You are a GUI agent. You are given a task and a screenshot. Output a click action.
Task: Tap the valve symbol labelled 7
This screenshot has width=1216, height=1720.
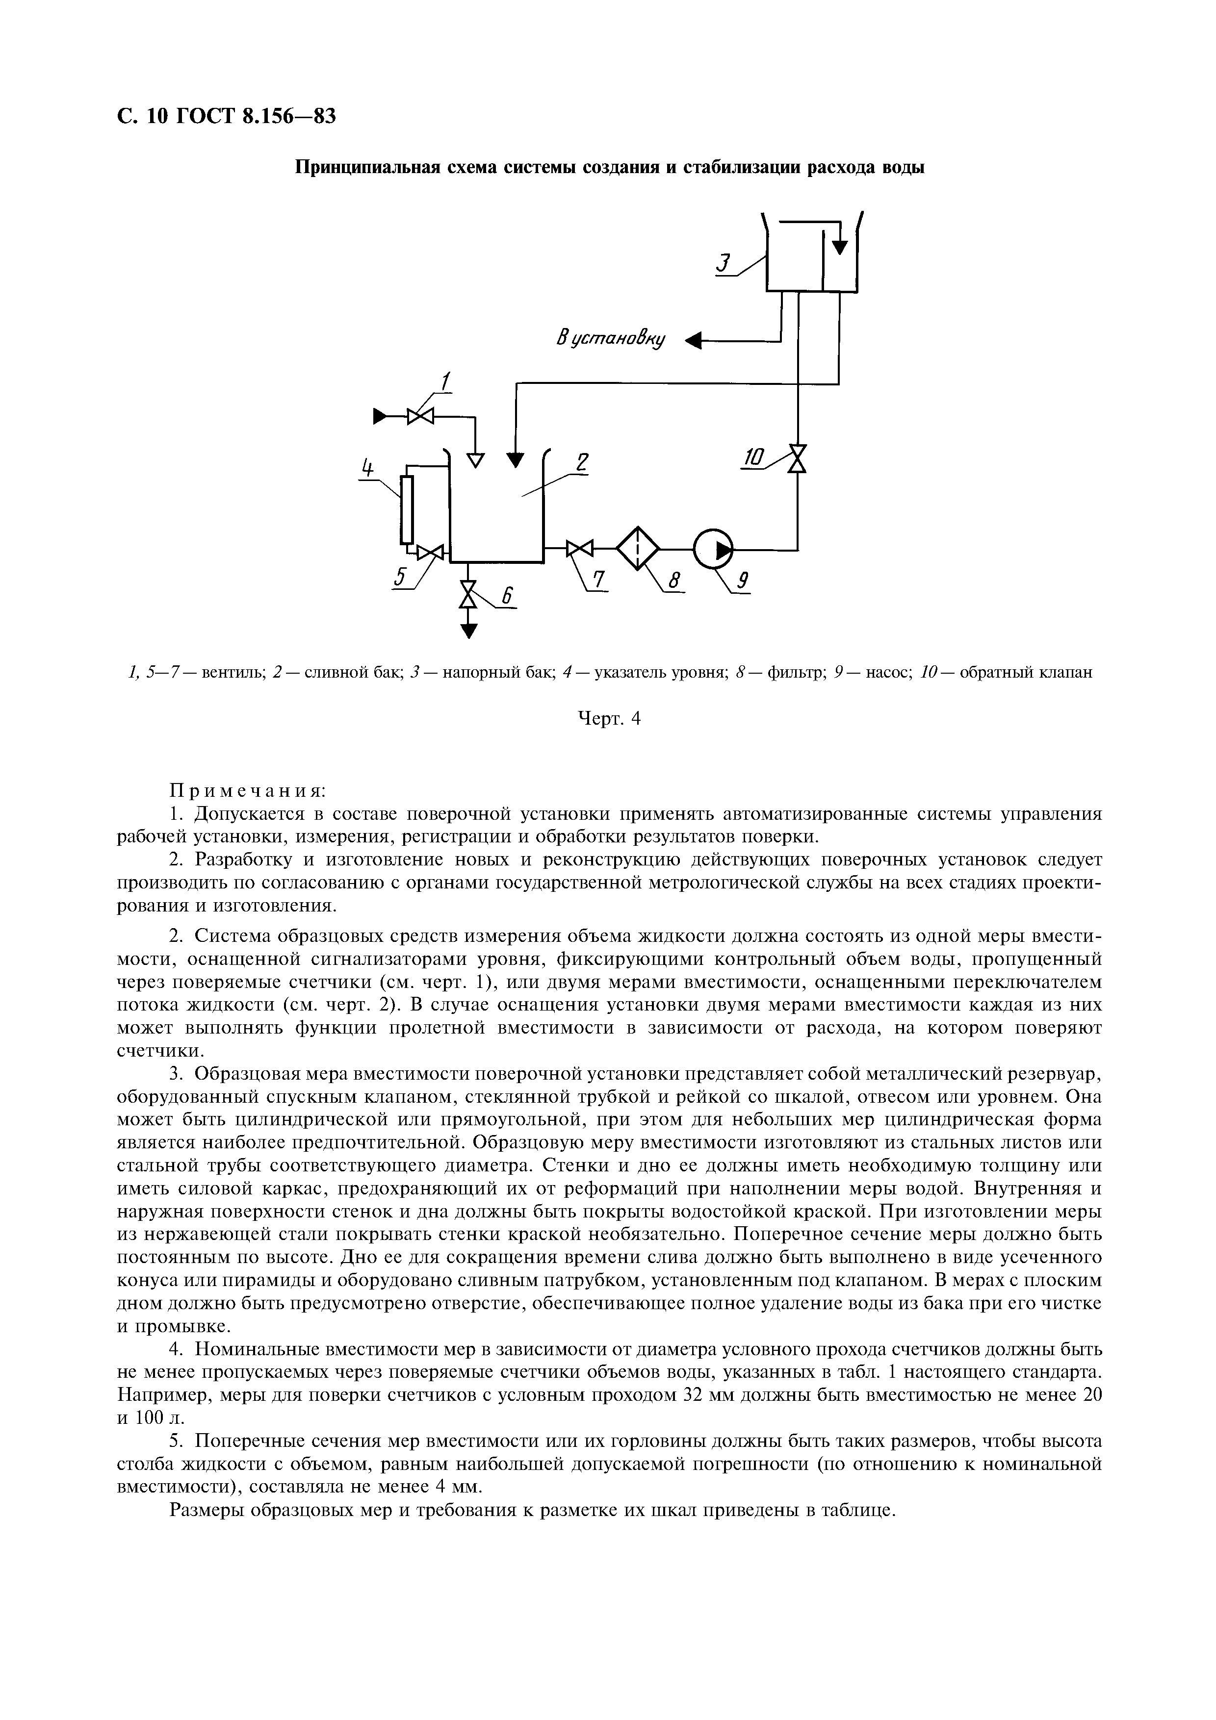579,549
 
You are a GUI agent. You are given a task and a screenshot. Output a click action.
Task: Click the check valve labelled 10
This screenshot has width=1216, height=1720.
798,458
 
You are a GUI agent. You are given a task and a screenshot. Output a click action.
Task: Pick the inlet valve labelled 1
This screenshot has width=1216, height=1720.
420,415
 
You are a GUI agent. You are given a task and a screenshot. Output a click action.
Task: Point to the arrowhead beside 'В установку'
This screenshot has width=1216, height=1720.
695,342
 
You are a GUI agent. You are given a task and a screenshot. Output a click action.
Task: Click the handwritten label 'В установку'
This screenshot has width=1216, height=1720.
611,339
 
